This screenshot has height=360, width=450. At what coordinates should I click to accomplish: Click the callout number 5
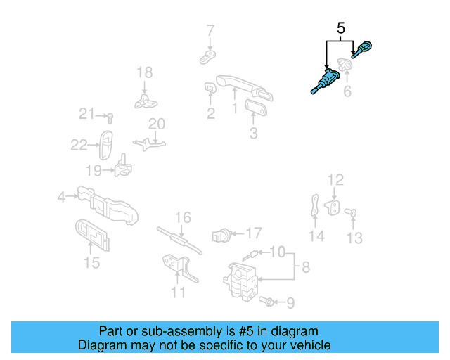tap(340, 29)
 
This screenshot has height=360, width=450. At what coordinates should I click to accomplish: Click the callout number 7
tap(210, 30)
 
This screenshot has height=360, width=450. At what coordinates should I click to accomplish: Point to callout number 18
tap(144, 72)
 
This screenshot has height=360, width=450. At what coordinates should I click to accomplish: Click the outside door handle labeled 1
tap(239, 86)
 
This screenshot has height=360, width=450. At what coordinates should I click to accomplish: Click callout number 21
tap(86, 114)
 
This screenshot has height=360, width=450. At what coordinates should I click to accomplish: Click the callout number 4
tap(62, 198)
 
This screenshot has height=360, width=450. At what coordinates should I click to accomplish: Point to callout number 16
tap(183, 217)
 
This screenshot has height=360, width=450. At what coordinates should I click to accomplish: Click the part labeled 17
tap(220, 233)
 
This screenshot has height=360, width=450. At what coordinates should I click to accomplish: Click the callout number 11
tap(179, 292)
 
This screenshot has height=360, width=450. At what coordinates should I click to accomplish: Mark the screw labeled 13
tap(354, 212)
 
